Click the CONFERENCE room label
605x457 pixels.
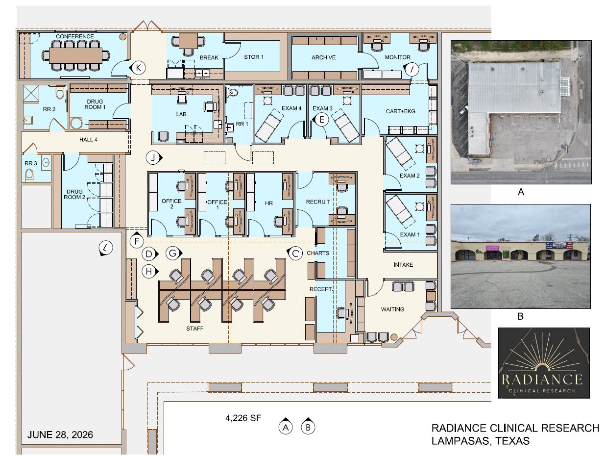74,36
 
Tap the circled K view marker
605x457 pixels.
138,68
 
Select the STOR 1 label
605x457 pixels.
254,57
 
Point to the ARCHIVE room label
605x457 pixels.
323,57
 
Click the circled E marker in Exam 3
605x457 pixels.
321,120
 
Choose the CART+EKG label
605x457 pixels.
400,111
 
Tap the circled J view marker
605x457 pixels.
153,158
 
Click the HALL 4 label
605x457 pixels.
88,140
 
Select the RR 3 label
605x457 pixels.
30,163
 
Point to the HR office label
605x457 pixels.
269,203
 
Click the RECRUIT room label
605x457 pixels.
318,202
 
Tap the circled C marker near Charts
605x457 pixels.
294,253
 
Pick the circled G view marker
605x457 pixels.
173,253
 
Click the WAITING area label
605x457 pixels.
392,309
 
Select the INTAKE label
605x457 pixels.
403,265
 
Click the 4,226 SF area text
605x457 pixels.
243,418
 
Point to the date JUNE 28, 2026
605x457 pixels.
60,434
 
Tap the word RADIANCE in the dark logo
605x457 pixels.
542,380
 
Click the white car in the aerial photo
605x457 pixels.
463,110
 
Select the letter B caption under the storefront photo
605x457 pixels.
520,316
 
